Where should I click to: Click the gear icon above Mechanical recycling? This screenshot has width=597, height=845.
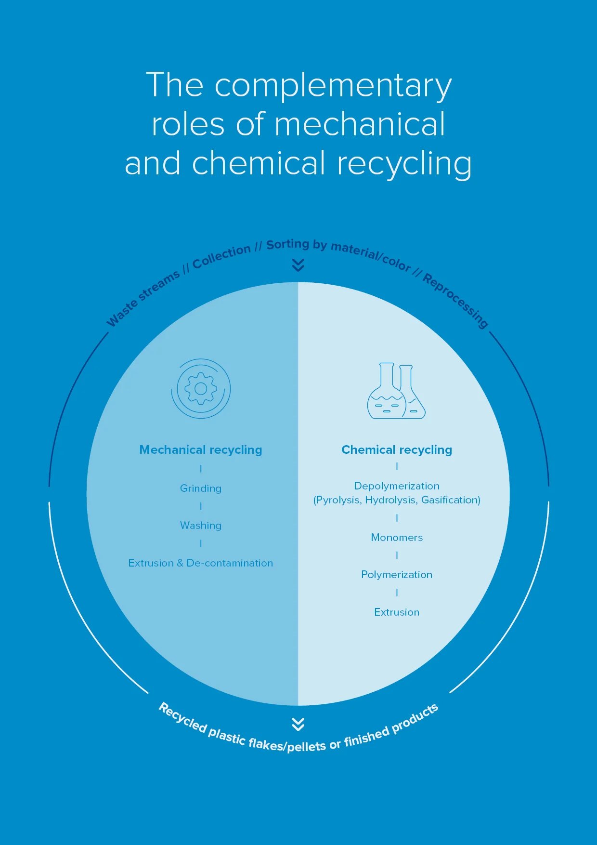pyautogui.click(x=201, y=388)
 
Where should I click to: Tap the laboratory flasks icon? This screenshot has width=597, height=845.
pyautogui.click(x=396, y=390)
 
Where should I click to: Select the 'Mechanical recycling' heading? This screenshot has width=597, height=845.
pyautogui.click(x=201, y=450)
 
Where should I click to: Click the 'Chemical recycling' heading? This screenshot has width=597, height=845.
pyautogui.click(x=397, y=450)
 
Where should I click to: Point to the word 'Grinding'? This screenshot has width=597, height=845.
pyautogui.click(x=201, y=489)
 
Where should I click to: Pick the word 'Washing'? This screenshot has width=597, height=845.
pyautogui.click(x=201, y=526)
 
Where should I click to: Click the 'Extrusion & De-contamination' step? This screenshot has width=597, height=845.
pyautogui.click(x=201, y=563)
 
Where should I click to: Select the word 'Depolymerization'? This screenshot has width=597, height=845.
pyautogui.click(x=397, y=486)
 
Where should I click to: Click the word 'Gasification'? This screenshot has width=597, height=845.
pyautogui.click(x=449, y=500)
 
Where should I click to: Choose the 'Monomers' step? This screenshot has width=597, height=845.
pyautogui.click(x=397, y=538)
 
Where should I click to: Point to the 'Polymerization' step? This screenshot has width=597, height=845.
pyautogui.click(x=397, y=575)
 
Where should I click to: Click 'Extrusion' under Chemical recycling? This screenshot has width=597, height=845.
pyautogui.click(x=397, y=612)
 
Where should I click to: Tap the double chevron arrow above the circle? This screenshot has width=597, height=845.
pyautogui.click(x=298, y=265)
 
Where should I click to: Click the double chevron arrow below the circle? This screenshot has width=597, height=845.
pyautogui.click(x=298, y=724)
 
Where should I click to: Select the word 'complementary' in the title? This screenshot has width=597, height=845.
pyautogui.click(x=333, y=86)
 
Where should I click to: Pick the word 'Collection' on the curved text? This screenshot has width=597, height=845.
pyautogui.click(x=221, y=257)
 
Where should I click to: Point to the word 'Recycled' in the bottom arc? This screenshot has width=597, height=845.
pyautogui.click(x=183, y=717)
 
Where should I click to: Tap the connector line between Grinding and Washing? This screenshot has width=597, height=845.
pyautogui.click(x=201, y=506)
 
